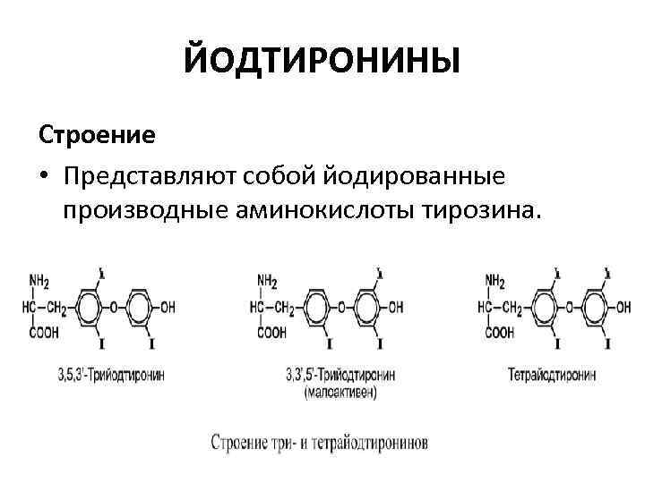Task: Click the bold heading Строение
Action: tap(97, 135)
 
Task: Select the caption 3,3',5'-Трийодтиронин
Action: tap(340, 370)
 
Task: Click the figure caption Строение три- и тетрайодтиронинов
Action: tap(320, 442)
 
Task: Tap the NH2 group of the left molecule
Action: tap(39, 282)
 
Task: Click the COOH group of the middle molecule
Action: tap(271, 332)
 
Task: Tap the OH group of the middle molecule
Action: tap(395, 307)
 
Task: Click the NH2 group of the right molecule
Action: tap(494, 282)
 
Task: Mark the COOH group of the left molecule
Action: tap(42, 332)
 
